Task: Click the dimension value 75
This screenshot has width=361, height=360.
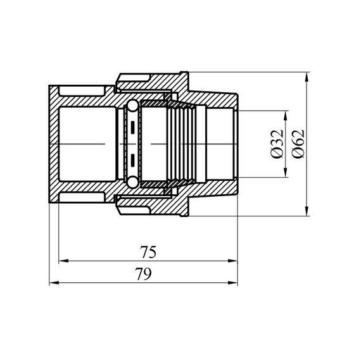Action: coord(148,252)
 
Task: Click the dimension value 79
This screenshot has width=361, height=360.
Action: coord(143,274)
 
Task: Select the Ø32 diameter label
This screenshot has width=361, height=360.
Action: coord(277,144)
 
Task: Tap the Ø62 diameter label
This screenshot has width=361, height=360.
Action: coord(298,144)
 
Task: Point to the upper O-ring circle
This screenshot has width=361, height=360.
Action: coord(132,106)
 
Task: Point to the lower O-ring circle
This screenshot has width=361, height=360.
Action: coord(132,182)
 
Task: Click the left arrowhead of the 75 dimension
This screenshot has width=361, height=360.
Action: coord(63,261)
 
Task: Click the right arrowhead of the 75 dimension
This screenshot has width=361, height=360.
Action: coord(232,261)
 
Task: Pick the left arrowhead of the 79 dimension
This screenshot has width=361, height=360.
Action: coord(54,282)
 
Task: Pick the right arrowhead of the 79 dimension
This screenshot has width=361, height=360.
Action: coord(232,282)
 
